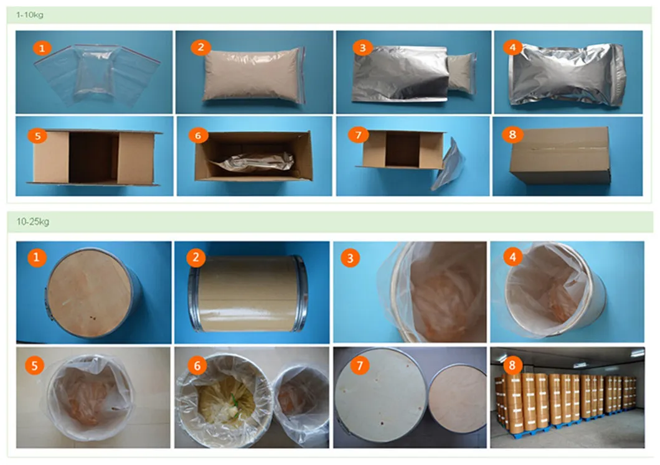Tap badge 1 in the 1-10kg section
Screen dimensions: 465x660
pyautogui.click(x=41, y=48)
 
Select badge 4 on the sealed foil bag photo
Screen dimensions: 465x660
pyautogui.click(x=512, y=47)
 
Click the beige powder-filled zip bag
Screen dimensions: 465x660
pyautogui.click(x=253, y=75)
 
